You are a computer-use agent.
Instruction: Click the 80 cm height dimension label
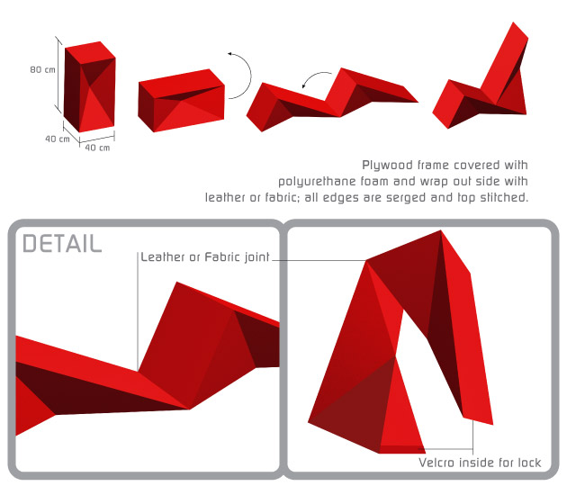coord(42,69)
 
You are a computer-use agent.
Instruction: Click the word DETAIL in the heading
coord(62,243)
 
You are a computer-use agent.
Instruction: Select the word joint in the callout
coord(256,257)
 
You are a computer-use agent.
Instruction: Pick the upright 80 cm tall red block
coord(90,86)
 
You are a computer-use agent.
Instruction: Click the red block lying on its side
coord(181,101)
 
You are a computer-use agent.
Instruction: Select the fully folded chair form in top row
coord(481,76)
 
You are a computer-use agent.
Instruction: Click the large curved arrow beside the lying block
coord(249,76)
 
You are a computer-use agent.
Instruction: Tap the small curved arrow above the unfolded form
coord(314,76)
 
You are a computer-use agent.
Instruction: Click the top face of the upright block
coord(90,53)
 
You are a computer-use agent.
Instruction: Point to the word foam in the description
coord(374,181)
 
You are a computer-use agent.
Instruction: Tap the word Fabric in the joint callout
coord(222,256)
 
